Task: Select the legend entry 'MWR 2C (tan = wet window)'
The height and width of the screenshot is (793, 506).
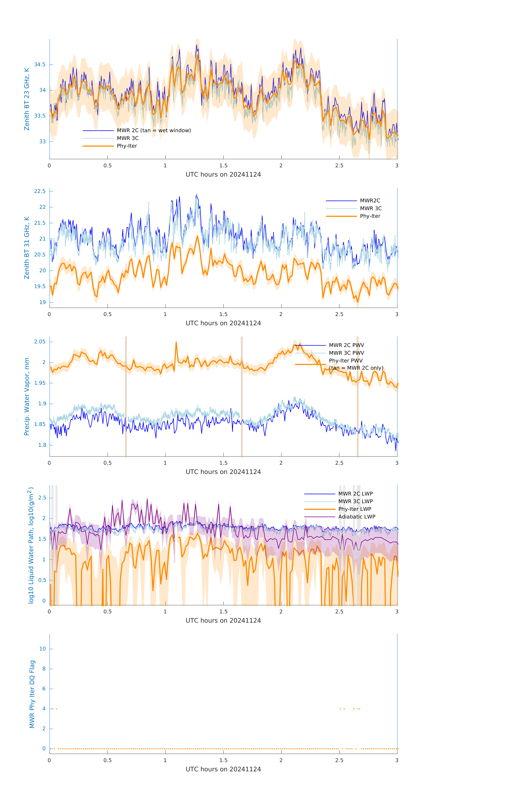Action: pos(154,130)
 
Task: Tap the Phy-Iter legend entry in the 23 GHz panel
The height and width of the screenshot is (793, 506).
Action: pos(127,146)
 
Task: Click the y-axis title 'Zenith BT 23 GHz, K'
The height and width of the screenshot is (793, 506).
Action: pos(27,99)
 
